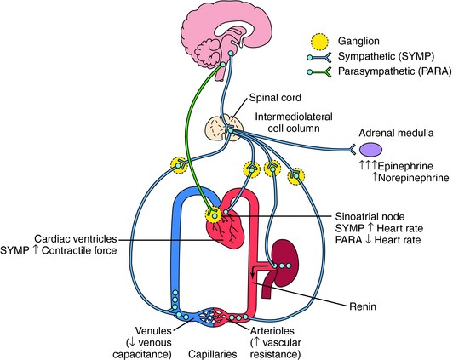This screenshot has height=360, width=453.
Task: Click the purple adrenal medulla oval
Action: [x=370, y=149]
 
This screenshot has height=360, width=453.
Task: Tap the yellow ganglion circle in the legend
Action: [x=320, y=42]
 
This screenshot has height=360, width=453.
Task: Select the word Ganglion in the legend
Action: [x=358, y=41]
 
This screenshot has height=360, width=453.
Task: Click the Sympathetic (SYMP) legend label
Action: [x=387, y=56]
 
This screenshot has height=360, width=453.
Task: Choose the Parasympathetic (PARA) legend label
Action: [x=394, y=71]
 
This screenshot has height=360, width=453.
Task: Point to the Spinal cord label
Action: [x=275, y=98]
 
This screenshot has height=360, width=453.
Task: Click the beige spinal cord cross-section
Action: [x=224, y=128]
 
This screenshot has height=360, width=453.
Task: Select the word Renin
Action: [x=363, y=306]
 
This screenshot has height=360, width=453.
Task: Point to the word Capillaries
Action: [x=213, y=354]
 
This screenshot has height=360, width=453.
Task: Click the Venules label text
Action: [x=153, y=330]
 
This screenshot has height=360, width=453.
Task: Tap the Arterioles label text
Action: [x=272, y=330]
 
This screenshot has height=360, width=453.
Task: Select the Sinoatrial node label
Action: [x=370, y=216]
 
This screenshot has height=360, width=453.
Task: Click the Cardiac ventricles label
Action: [x=76, y=239]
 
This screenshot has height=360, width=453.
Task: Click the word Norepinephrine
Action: [x=414, y=178]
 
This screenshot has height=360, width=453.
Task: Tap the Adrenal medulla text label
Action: [x=396, y=133]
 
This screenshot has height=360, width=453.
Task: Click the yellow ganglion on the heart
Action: [x=213, y=214]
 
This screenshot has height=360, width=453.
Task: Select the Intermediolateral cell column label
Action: [x=294, y=122]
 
